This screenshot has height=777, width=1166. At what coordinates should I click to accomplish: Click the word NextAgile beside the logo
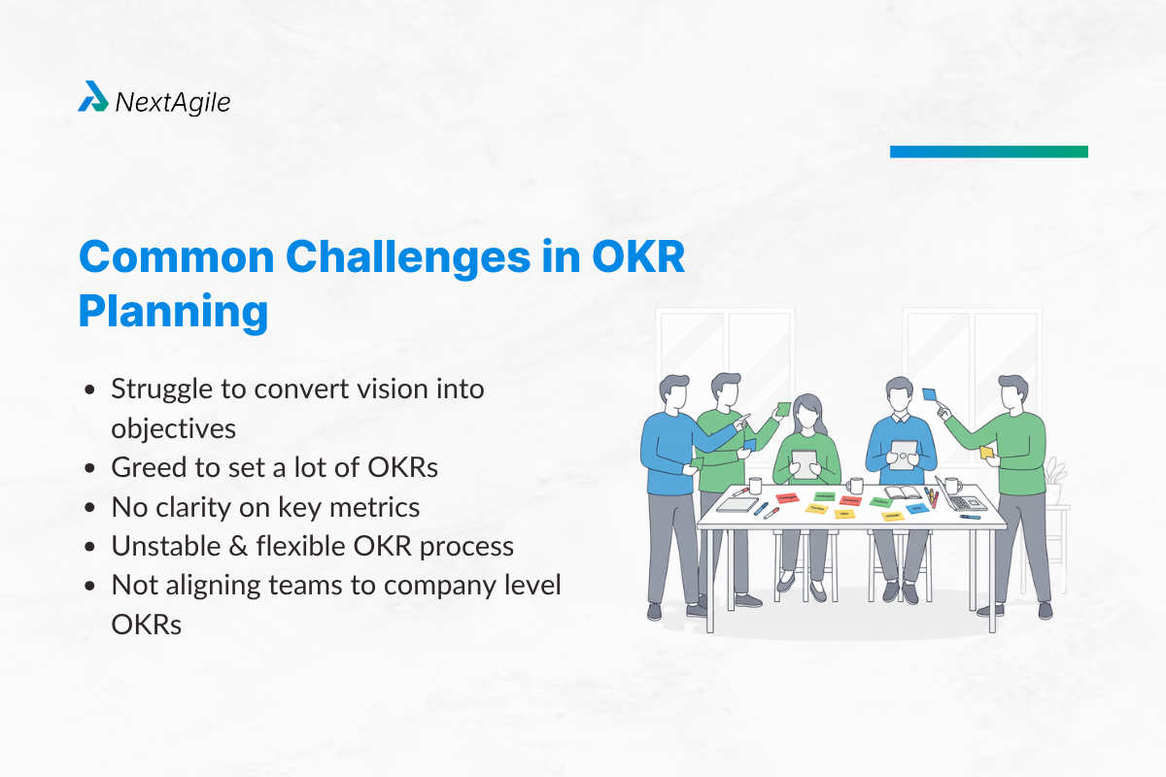click(173, 101)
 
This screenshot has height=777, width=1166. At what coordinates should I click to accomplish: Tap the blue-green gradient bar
click(988, 152)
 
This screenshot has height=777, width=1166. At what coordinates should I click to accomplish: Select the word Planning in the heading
click(173, 311)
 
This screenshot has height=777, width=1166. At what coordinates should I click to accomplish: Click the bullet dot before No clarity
click(90, 507)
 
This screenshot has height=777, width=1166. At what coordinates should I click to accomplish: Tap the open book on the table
click(902, 491)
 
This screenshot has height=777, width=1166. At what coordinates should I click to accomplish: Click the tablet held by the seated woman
click(805, 460)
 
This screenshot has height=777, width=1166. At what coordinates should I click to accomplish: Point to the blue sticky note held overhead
click(930, 394)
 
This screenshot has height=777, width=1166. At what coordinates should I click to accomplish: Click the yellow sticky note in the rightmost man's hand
click(986, 453)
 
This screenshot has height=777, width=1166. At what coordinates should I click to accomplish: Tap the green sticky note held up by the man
click(783, 408)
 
